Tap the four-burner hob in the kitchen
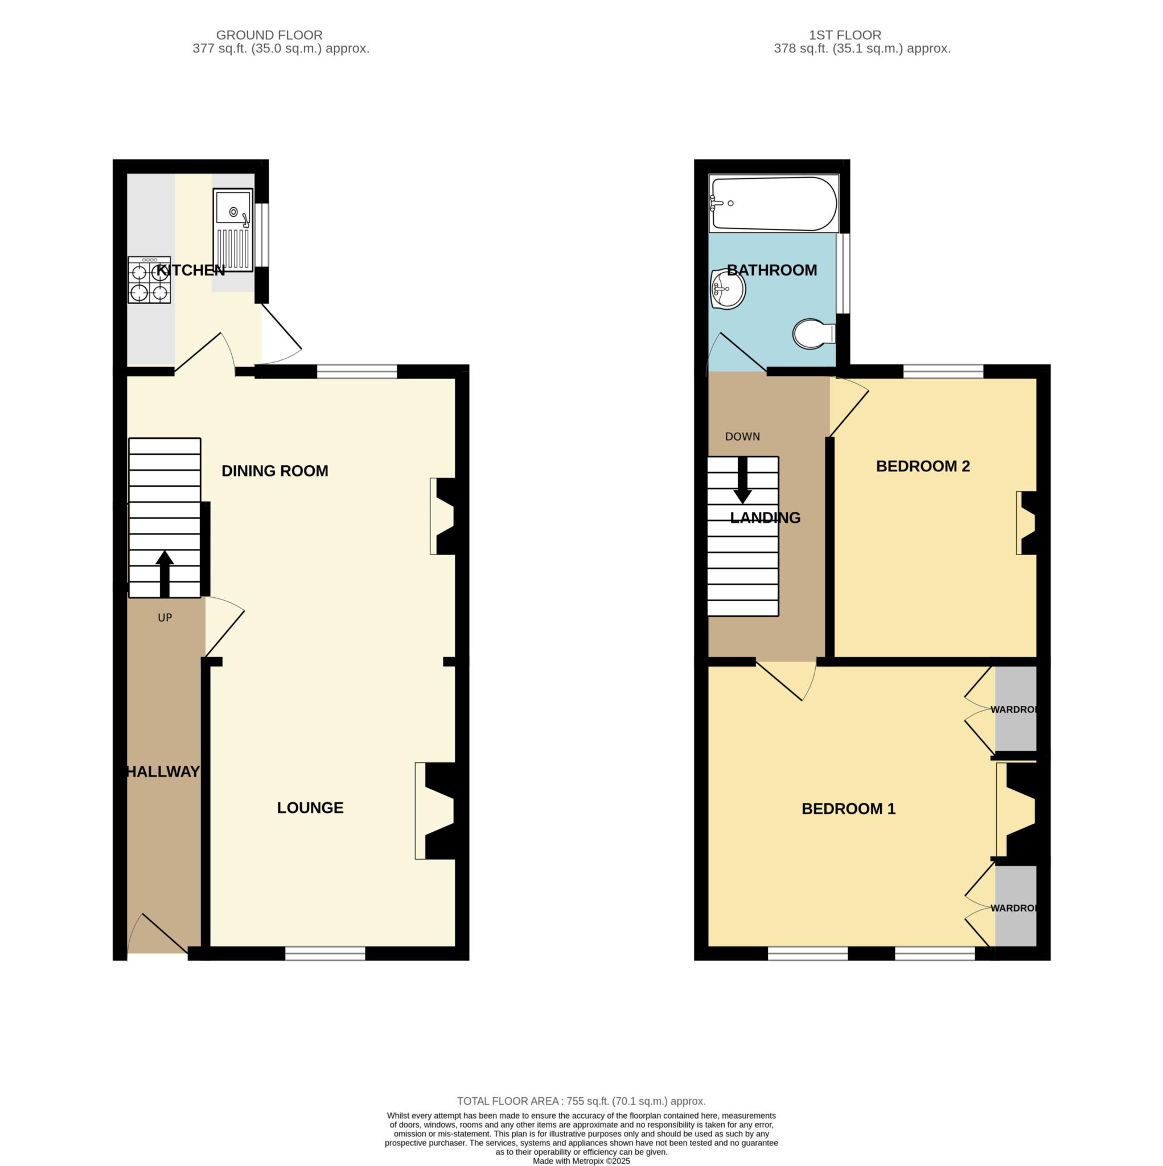(x=149, y=280)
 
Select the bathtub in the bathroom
(x=773, y=203)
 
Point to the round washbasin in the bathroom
(x=728, y=290)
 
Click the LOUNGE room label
(x=310, y=807)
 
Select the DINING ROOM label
(x=274, y=471)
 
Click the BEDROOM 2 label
(x=922, y=466)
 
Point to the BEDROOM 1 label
(x=848, y=808)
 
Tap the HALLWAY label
(x=163, y=771)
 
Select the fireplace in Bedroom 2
(x=1026, y=523)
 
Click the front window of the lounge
(x=324, y=953)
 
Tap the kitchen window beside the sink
(x=262, y=235)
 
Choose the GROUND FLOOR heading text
(x=269, y=35)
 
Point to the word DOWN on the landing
(x=742, y=436)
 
